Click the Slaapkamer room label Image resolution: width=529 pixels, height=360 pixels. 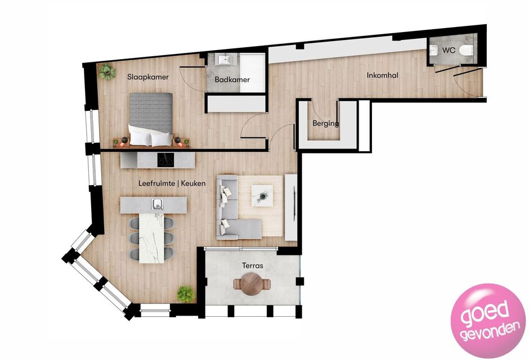click(148, 77)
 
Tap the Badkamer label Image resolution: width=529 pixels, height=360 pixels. click(232, 80)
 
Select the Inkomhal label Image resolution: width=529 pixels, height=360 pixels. click(383, 75)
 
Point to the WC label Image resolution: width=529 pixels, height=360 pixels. click(449, 50)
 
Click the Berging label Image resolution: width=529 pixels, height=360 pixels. click(326, 123)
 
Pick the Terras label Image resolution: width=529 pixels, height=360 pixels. click(253, 265)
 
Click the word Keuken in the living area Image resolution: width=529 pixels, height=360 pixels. click(194, 183)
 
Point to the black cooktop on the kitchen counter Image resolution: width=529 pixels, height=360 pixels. click(165, 160)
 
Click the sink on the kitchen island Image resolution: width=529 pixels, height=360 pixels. click(158, 204)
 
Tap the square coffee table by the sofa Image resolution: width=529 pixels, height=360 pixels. click(262, 196)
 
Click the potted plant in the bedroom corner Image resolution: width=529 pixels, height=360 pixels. click(106, 71)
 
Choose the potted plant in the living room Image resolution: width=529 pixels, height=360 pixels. click(186, 294)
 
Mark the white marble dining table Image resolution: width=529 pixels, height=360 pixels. click(151, 238)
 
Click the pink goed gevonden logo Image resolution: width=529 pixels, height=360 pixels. click(488, 321)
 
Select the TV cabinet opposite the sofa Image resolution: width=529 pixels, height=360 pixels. click(291, 208)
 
